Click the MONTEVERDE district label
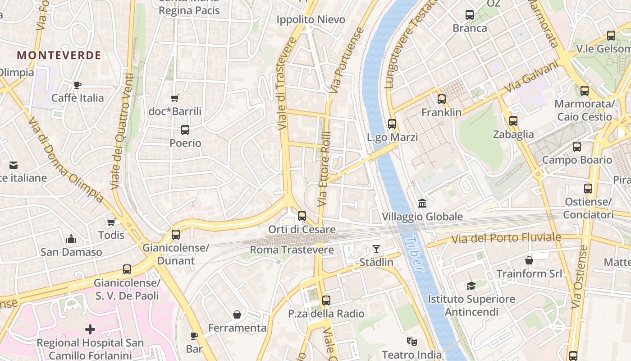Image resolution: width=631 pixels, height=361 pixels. click(59, 56)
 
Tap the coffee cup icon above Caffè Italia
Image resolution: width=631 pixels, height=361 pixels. click(78, 85)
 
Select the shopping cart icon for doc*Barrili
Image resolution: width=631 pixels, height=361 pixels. click(175, 98)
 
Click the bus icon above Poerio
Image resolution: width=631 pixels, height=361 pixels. click(185, 130)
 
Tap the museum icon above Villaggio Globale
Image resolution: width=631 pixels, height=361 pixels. click(422, 204)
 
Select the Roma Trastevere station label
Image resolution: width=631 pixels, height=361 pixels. click(292, 250)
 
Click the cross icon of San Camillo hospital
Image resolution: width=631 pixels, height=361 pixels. click(90, 329)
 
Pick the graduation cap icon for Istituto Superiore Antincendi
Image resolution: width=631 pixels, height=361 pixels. click(471, 286)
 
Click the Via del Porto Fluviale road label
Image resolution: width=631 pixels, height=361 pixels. click(507, 238)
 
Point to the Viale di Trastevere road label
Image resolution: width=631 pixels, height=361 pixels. click(287, 83)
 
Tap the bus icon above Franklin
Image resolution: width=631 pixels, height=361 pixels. click(442, 99)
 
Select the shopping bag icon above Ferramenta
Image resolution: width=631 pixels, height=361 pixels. click(237, 315)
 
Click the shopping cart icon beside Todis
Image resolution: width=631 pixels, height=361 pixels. click(111, 222)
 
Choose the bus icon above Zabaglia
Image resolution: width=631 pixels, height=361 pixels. click(513, 121)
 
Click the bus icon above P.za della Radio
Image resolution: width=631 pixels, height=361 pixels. click(326, 300)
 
